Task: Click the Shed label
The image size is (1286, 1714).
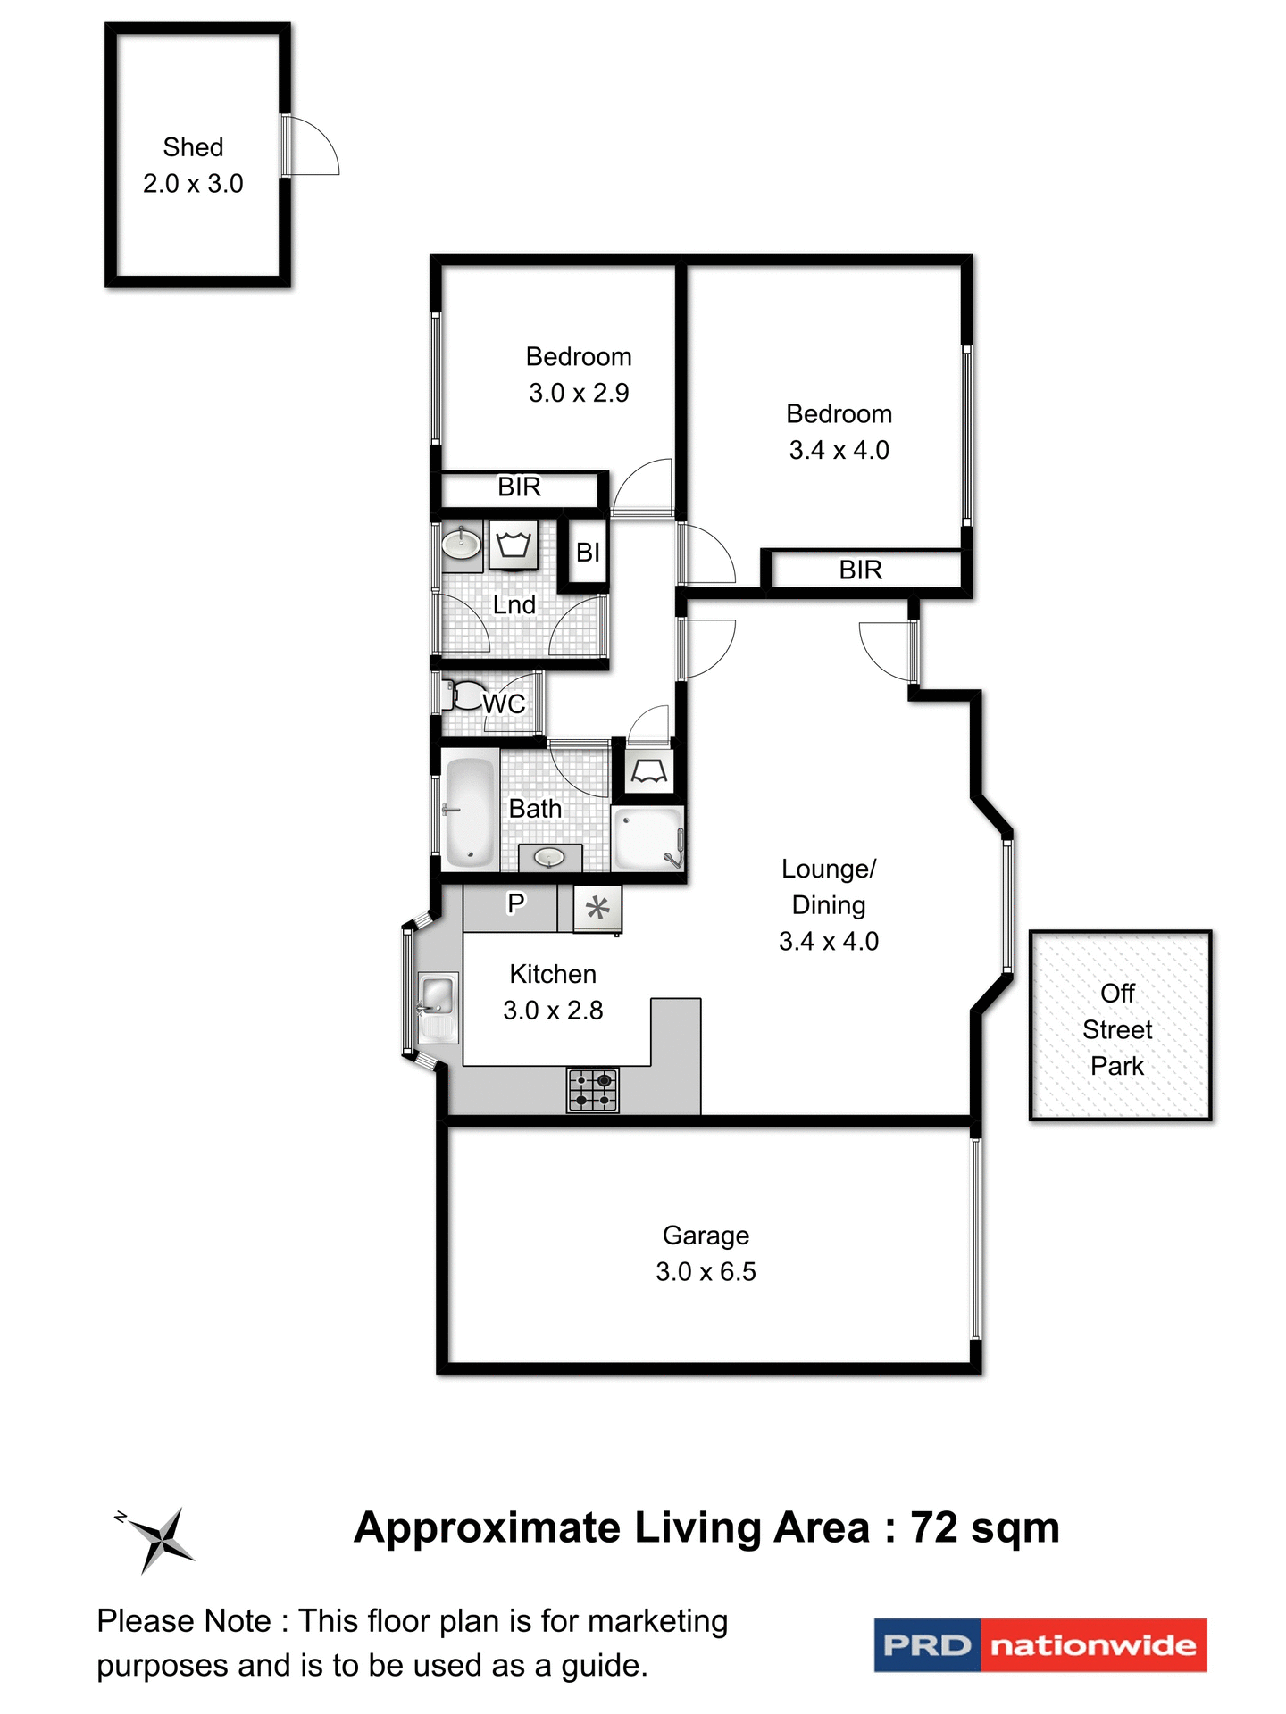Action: pos(193,147)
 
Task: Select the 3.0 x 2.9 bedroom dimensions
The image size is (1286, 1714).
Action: pos(579,393)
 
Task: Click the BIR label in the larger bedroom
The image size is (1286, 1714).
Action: pos(860,570)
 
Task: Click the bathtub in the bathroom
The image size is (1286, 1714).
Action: pos(470,811)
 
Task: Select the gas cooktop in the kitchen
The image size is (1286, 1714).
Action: pos(593,1090)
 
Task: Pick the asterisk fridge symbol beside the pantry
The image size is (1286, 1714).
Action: pos(597,909)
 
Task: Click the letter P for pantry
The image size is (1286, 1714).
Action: pos(515,903)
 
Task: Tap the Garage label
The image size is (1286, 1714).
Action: pos(706,1236)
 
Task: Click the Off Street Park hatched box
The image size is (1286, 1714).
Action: pos(1120,1026)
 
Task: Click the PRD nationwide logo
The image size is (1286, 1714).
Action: pos(1040,1644)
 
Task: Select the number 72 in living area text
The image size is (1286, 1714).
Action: pos(934,1527)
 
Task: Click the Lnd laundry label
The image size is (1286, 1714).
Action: pos(514,604)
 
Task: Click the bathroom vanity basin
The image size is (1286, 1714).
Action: pos(549,857)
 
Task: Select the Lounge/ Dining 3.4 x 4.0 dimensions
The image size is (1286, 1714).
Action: pos(829,941)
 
